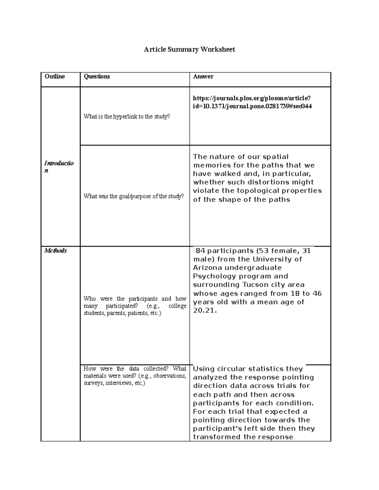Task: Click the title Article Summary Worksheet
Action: [x=189, y=50]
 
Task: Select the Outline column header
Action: [x=55, y=76]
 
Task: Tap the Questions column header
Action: [x=97, y=76]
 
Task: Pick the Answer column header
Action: [x=203, y=76]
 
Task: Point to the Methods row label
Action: [x=56, y=251]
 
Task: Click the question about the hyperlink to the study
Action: [x=127, y=116]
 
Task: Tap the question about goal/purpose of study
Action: [x=134, y=196]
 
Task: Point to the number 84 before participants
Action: [x=201, y=251]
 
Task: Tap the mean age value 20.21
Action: [x=204, y=310]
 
